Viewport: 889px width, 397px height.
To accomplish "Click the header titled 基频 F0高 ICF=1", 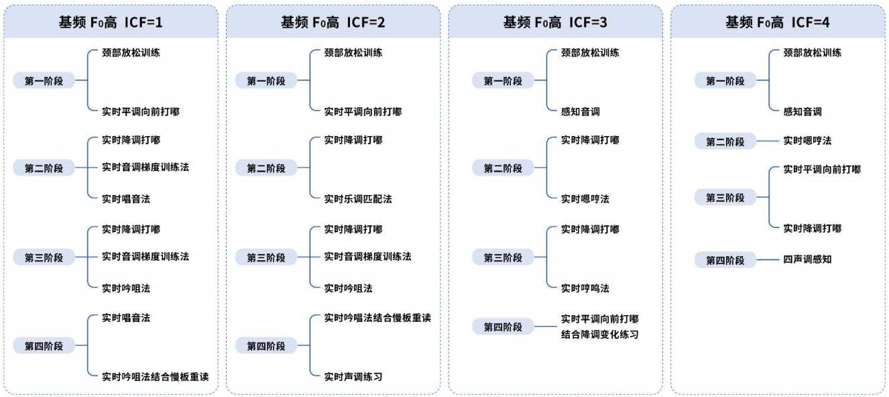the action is pos(111,22).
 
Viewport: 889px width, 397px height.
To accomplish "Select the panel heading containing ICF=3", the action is pos(555,22).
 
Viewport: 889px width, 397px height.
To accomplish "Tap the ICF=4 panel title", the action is pos(778,22).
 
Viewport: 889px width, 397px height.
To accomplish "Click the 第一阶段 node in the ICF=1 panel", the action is pos(44,80).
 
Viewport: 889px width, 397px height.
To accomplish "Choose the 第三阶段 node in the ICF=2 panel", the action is pos(266,258).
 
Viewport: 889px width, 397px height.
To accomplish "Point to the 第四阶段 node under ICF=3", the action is pos(503,327).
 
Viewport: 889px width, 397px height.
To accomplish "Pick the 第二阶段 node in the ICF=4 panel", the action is pos(725,141).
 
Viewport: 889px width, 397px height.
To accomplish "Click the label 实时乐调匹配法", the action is pos(358,199).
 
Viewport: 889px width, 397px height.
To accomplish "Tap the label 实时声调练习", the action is pos(353,377).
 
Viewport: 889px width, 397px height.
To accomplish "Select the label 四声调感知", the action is pos(807,260).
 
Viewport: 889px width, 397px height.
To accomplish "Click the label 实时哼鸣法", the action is pos(585,288).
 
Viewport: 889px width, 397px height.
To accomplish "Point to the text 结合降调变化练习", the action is pos(599,335).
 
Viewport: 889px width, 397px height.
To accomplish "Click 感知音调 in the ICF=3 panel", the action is pos(580,111).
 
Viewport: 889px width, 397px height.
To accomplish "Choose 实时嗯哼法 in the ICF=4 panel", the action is pos(807,141).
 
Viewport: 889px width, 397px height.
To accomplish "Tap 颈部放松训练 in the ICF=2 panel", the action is pos(353,53).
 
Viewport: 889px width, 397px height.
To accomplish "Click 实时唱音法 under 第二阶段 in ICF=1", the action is pos(126,199).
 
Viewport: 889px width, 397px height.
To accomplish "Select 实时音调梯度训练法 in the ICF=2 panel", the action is pos(367,257).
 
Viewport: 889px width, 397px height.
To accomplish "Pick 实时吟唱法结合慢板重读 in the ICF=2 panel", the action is pos(377,318).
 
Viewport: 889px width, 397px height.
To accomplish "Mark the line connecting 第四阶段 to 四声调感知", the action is pos(768,260).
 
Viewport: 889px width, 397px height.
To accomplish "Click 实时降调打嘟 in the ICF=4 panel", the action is pos(813,229).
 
